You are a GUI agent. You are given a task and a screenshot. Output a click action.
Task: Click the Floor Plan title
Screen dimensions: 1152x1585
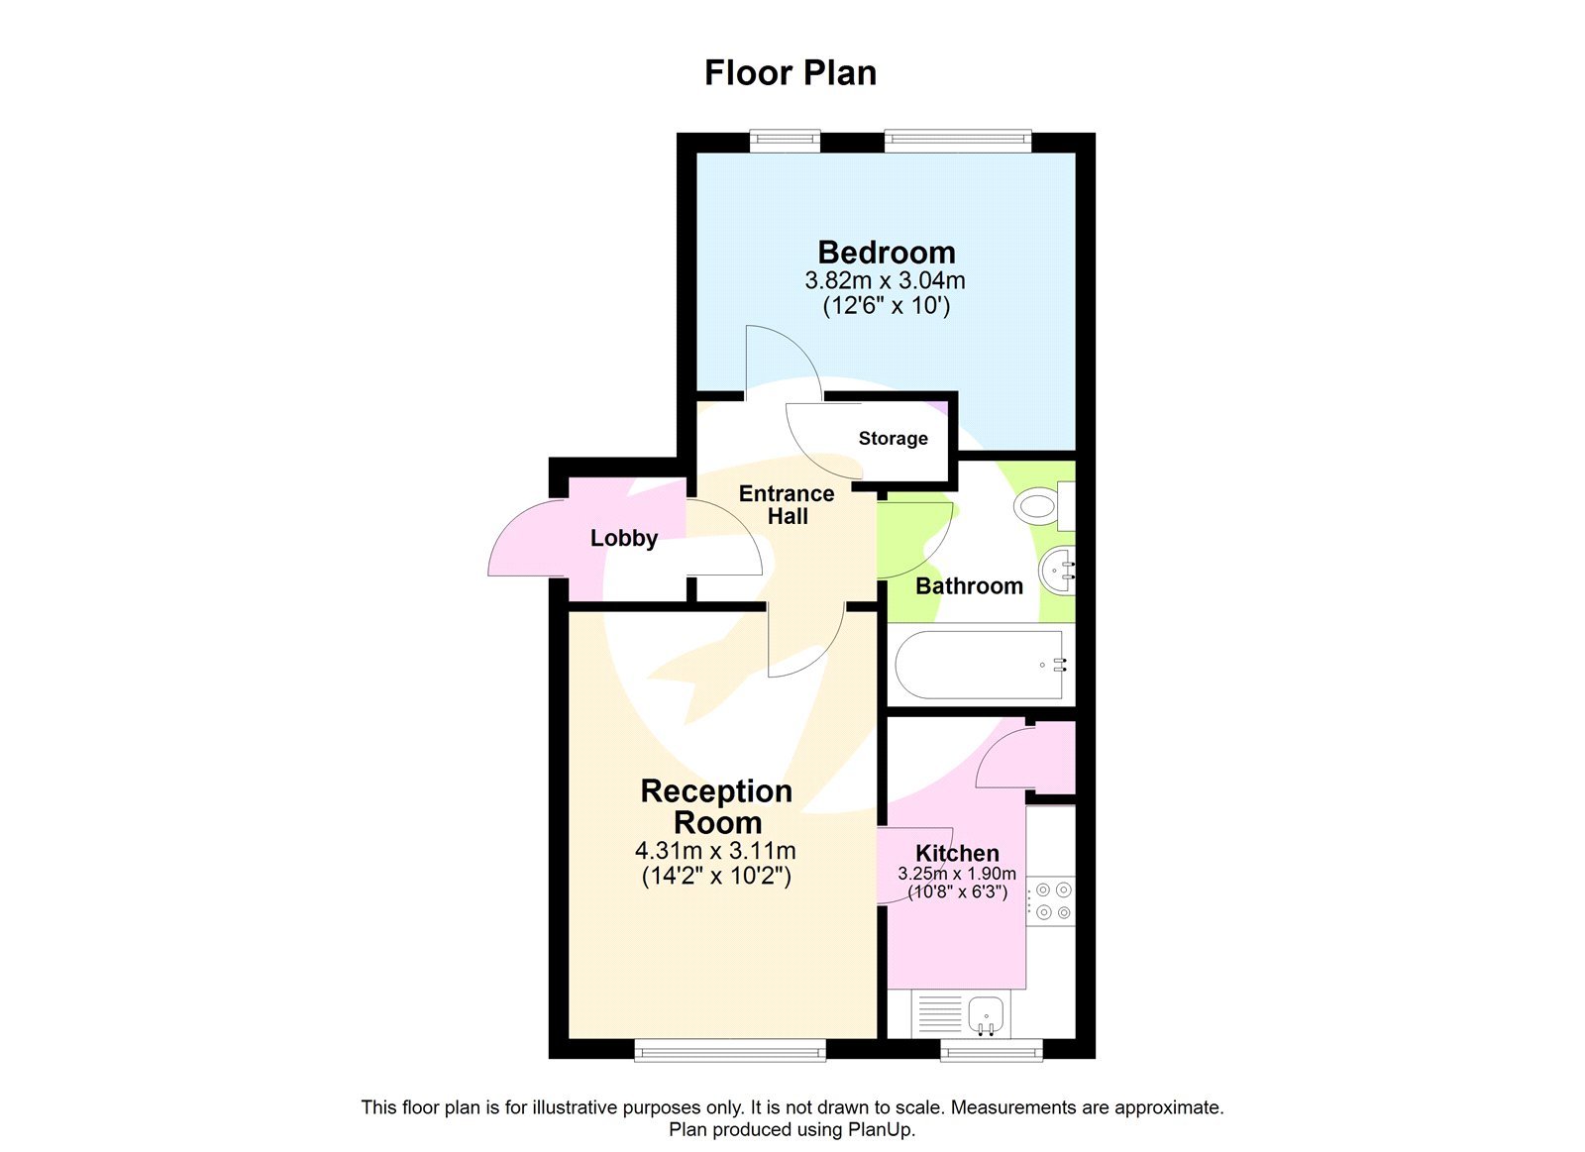click(790, 72)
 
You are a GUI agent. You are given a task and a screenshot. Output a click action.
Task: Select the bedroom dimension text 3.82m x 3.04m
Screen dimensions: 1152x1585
click(885, 280)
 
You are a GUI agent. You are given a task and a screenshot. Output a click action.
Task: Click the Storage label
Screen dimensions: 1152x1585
click(893, 438)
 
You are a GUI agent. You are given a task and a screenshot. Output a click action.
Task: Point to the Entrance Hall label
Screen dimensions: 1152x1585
click(787, 504)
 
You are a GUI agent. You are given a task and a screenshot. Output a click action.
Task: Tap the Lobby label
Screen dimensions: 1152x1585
click(623, 538)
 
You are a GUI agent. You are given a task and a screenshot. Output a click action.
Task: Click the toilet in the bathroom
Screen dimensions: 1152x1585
click(1042, 506)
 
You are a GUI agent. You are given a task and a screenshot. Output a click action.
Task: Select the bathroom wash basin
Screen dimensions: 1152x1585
click(1056, 571)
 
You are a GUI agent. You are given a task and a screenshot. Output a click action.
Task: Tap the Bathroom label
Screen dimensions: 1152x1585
click(968, 585)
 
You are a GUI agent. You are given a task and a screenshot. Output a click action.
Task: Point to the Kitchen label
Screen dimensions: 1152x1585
click(956, 853)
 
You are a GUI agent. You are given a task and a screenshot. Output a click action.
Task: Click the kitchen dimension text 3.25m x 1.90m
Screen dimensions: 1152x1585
click(956, 874)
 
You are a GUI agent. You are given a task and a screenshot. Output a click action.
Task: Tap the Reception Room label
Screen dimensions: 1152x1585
click(716, 806)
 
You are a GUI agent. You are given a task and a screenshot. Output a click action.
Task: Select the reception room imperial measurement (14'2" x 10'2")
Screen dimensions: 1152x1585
click(716, 876)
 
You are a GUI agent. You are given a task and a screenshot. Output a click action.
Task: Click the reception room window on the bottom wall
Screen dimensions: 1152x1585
click(729, 1050)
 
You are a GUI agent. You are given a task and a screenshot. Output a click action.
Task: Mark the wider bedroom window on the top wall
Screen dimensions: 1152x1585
click(957, 141)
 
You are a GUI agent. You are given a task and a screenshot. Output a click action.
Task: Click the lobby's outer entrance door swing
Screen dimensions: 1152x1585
click(527, 540)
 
